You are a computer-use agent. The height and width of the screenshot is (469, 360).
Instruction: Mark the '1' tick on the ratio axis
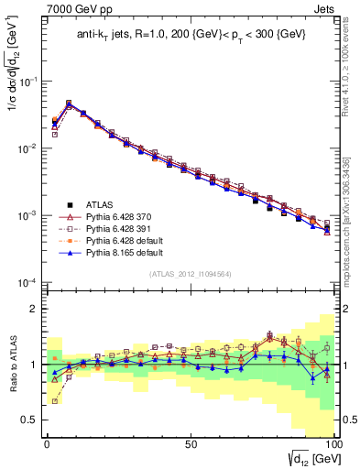pos(35,365)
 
